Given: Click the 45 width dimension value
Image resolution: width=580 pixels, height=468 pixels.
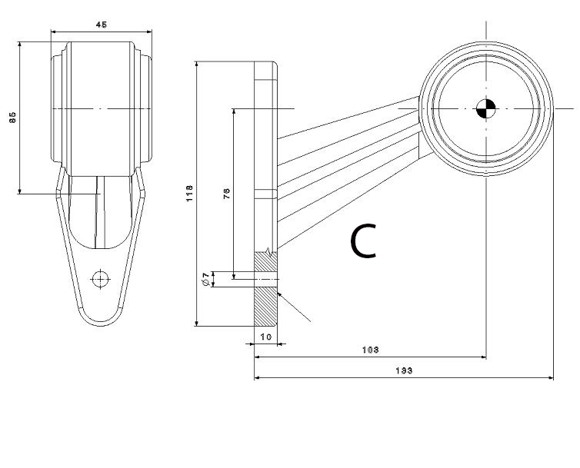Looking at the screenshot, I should click(x=101, y=25).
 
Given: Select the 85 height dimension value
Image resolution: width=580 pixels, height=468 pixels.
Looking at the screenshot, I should click(x=12, y=117).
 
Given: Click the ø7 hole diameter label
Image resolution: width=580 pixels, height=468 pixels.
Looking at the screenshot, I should click(x=205, y=279).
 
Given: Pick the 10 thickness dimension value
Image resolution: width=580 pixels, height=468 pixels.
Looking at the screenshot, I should click(x=266, y=337).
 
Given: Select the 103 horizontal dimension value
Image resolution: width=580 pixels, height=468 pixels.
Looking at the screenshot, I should click(x=369, y=350).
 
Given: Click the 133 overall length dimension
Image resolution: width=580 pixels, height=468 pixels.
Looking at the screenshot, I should click(x=403, y=371).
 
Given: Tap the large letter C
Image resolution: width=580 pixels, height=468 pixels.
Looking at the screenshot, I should click(x=364, y=241).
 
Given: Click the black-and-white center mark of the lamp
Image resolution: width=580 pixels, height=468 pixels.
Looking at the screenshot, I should click(x=486, y=109).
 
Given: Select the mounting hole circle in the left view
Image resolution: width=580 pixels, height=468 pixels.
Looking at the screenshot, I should click(x=100, y=278).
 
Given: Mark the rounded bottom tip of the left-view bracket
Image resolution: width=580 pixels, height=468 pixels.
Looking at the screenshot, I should click(x=100, y=321).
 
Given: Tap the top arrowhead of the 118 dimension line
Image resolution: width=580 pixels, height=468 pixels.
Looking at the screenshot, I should click(x=198, y=65).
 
